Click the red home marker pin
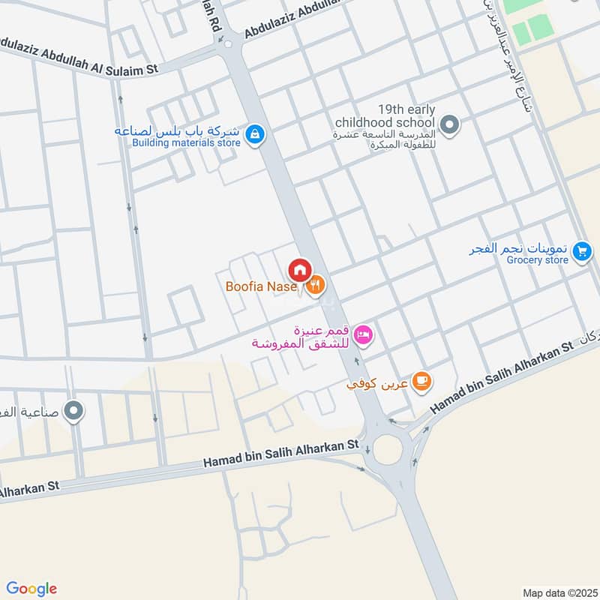coord(299,268)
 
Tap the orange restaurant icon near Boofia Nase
coord(316,284)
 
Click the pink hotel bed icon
coord(363,334)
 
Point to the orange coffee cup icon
coord(421,382)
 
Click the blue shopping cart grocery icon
coord(581,253)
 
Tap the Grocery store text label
coord(537,260)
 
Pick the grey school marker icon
coord(449,124)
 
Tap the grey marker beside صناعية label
coord(73,410)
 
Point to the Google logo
coord(31,588)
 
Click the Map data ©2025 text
coord(559,592)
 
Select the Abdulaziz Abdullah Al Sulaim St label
coord(79,57)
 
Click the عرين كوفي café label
coord(376,384)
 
